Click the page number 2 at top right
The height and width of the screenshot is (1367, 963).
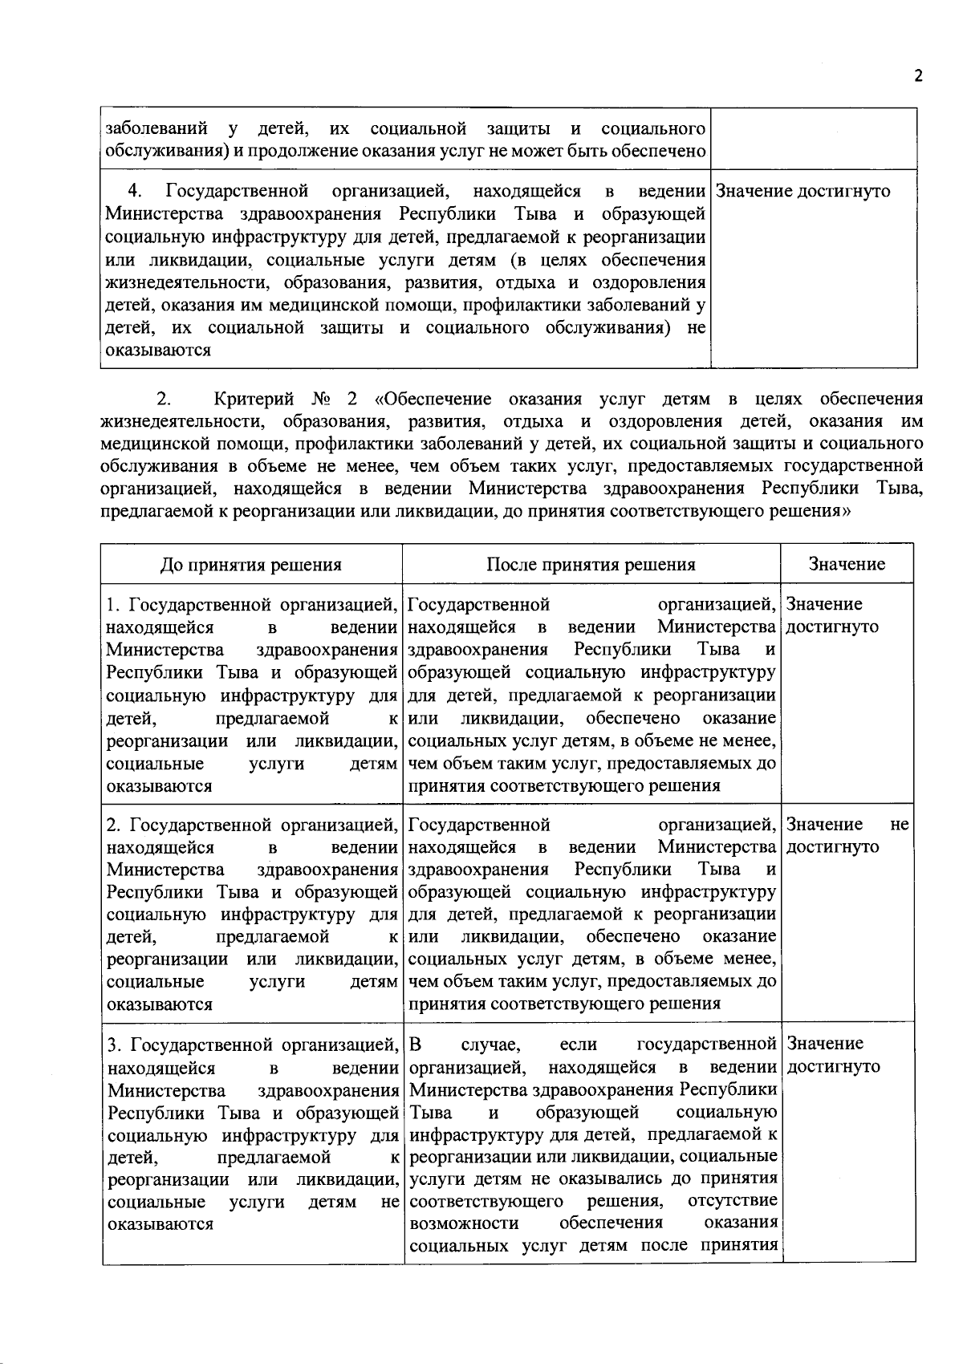point(918,76)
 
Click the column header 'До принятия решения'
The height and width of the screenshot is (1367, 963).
point(251,565)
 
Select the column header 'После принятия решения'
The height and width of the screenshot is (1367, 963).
point(591,564)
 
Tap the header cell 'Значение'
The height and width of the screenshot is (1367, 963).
point(847,564)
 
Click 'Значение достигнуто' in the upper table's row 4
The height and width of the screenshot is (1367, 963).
point(802,192)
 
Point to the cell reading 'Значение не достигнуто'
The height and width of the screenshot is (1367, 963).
point(847,836)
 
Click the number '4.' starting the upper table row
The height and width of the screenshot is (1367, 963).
point(136,192)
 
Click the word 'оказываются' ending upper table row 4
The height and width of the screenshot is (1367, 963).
point(158,351)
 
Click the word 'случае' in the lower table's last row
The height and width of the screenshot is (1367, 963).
point(492,1045)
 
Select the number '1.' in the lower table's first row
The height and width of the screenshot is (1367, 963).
point(114,604)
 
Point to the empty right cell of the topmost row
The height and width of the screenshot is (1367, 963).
point(814,139)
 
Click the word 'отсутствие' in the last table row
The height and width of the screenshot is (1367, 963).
point(733,1201)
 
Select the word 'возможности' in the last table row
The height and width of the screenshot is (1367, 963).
point(463,1223)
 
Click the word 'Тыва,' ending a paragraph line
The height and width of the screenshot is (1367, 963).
point(900,489)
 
